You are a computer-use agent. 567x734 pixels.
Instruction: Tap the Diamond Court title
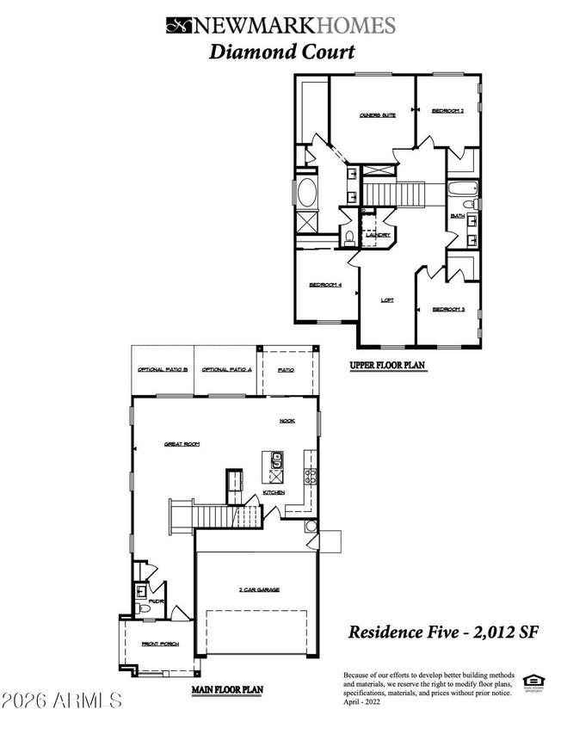[281, 52]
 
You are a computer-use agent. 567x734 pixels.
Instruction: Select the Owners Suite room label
[378, 114]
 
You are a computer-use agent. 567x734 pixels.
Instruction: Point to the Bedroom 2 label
[448, 111]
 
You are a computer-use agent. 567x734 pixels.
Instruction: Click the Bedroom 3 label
[448, 310]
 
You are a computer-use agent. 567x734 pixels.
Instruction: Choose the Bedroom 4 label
[326, 287]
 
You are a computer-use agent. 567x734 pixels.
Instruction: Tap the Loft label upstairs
[388, 300]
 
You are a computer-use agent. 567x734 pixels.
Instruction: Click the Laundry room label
[379, 235]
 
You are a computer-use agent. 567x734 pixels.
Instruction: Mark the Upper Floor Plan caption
[387, 366]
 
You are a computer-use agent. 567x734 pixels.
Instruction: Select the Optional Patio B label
[163, 370]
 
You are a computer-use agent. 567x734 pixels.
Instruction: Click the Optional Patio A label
[226, 370]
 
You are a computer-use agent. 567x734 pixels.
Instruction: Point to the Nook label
[287, 421]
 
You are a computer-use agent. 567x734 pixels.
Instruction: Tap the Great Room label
[182, 444]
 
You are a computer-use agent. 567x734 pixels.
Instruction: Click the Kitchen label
[274, 492]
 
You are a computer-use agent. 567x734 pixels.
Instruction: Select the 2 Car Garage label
[259, 590]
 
